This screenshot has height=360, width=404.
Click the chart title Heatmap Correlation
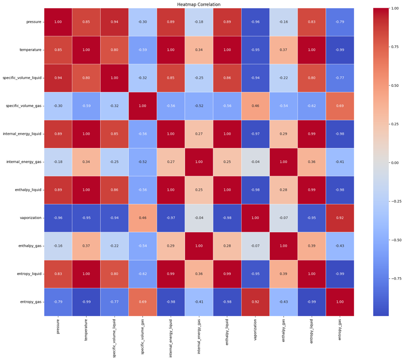(202, 4)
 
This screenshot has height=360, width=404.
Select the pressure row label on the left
(33, 21)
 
